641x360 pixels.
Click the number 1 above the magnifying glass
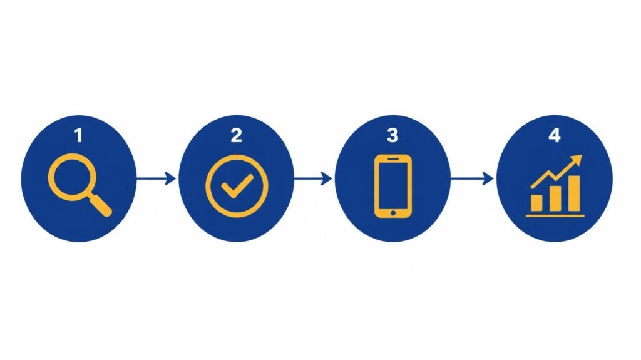click(x=79, y=135)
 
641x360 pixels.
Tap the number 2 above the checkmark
click(x=236, y=135)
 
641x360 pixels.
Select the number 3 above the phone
click(x=392, y=135)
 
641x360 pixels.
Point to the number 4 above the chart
click(x=555, y=135)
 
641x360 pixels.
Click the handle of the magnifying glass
click(x=101, y=206)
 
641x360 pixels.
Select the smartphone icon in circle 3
click(x=393, y=186)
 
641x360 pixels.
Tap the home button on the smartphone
click(x=393, y=213)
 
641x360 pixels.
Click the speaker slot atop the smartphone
click(x=393, y=159)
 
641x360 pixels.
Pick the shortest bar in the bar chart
click(x=536, y=203)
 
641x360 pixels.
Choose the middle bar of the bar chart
click(x=555, y=199)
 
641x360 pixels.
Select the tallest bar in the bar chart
click(x=573, y=193)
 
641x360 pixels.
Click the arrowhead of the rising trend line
click(x=577, y=160)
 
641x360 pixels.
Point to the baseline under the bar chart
click(x=555, y=215)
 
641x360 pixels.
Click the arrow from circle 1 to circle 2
click(x=156, y=178)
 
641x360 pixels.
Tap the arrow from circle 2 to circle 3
click(x=313, y=178)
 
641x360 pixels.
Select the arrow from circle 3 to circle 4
click(x=472, y=178)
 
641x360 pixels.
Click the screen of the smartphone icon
click(x=393, y=185)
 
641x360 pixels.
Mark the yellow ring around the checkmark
click(x=206, y=186)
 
